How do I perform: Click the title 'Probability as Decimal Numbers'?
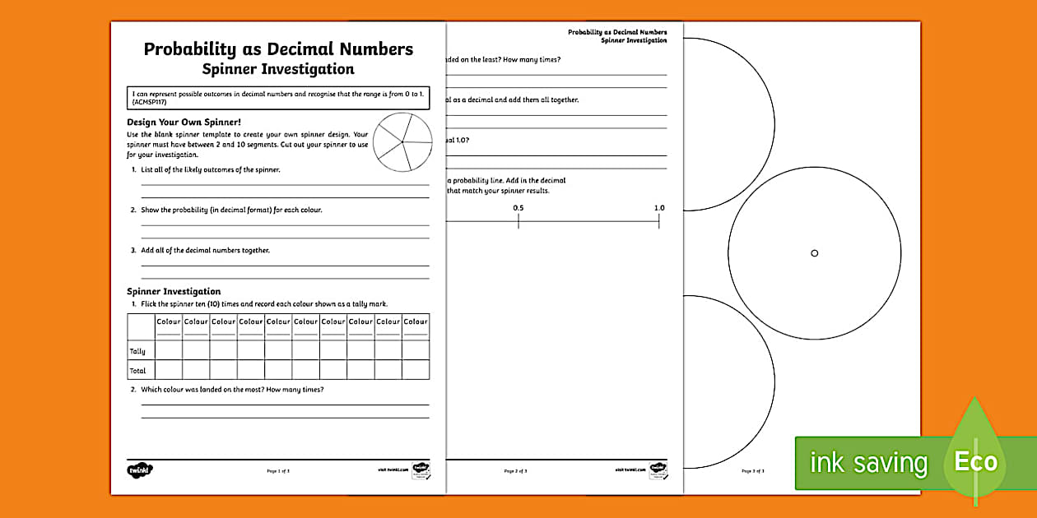click(278, 49)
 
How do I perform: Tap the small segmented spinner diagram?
click(402, 142)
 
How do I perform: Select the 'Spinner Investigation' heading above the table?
click(174, 291)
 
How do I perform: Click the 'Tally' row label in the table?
click(137, 351)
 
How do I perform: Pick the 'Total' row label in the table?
click(137, 371)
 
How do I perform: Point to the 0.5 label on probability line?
click(518, 208)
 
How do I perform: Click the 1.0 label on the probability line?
click(659, 208)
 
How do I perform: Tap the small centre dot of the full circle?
click(815, 253)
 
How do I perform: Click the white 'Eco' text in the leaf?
click(975, 461)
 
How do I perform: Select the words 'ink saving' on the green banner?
click(868, 463)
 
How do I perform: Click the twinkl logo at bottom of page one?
click(140, 470)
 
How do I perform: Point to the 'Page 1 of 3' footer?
click(278, 471)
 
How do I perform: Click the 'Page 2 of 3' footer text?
click(515, 471)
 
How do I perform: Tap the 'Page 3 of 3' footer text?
click(753, 471)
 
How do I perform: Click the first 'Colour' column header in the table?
click(169, 321)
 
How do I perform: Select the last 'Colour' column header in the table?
click(416, 321)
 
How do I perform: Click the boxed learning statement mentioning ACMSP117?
click(278, 99)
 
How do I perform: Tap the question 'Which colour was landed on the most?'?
click(232, 389)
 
